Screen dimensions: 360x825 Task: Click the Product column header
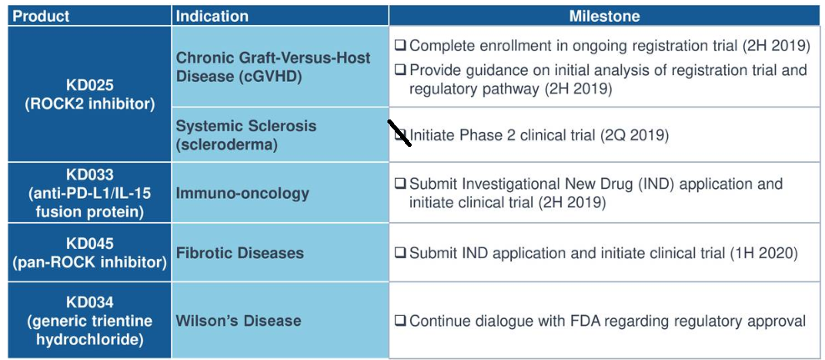[x=41, y=16]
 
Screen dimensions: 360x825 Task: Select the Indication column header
[x=212, y=16]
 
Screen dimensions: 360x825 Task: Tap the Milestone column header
[x=605, y=16]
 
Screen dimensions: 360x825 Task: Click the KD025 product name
[x=89, y=85]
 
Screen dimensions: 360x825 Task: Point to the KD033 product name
[x=89, y=175]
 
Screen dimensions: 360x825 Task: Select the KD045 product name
[x=89, y=243]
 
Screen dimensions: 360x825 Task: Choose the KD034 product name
[x=89, y=302]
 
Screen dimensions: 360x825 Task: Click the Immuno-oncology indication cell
[x=242, y=193]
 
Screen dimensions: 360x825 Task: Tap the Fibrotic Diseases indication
[x=240, y=252]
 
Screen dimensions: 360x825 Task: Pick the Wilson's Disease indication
[x=238, y=321]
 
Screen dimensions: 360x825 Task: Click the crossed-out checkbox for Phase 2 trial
[x=400, y=134]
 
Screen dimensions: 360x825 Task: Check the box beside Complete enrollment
[x=400, y=45]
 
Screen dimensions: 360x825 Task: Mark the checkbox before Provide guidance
[x=400, y=70]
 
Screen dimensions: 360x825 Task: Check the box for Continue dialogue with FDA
[x=400, y=321]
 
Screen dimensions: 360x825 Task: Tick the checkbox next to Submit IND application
[x=400, y=252]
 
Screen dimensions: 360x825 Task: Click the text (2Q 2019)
[x=635, y=134]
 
